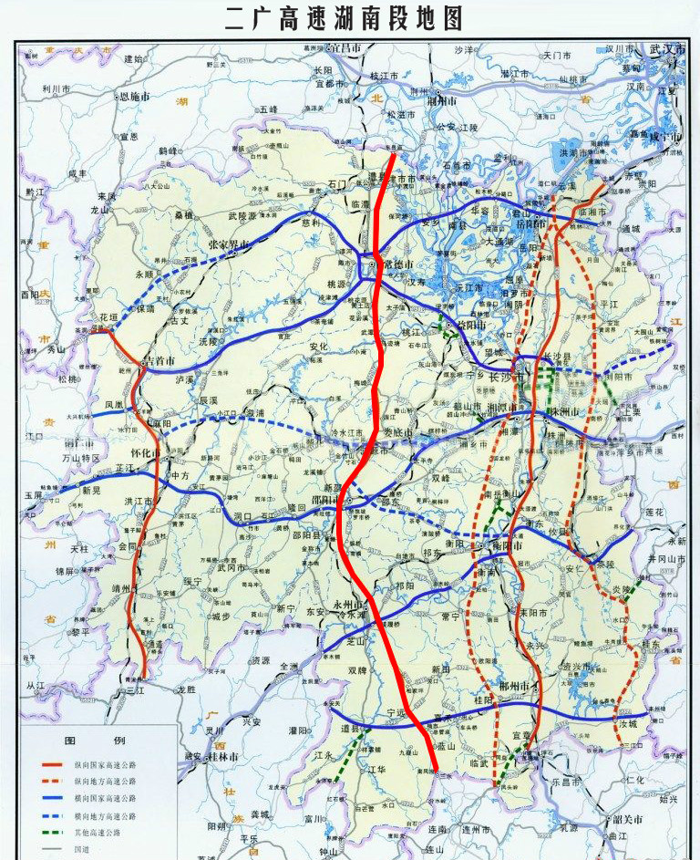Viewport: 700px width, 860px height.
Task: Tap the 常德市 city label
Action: tap(398, 264)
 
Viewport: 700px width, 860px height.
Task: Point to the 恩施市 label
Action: tap(133, 96)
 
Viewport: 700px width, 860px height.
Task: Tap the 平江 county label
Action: tap(605, 303)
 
